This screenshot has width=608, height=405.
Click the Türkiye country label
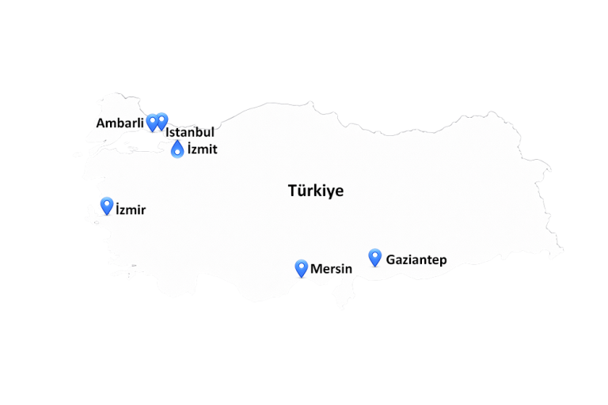click(x=316, y=191)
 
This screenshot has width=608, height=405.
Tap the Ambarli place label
click(x=120, y=123)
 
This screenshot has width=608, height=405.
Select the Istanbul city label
click(x=190, y=133)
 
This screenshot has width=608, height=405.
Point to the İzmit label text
click(x=202, y=149)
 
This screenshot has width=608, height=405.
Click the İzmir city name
click(x=131, y=210)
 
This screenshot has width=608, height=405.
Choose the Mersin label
click(x=331, y=269)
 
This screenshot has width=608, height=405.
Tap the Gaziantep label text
click(x=416, y=259)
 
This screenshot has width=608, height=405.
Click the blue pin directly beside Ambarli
click(x=152, y=122)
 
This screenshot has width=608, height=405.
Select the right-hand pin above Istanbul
click(x=161, y=120)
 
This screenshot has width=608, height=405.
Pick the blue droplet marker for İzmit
click(x=177, y=149)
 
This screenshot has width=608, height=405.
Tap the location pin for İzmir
click(x=106, y=206)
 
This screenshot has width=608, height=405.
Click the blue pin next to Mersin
click(x=301, y=267)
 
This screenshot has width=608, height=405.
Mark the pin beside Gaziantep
click(x=375, y=257)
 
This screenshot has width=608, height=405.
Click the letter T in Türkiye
click(x=292, y=191)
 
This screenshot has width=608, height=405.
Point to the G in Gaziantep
click(x=391, y=259)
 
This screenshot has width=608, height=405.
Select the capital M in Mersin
click(x=316, y=269)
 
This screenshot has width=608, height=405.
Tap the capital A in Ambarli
click(x=101, y=123)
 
